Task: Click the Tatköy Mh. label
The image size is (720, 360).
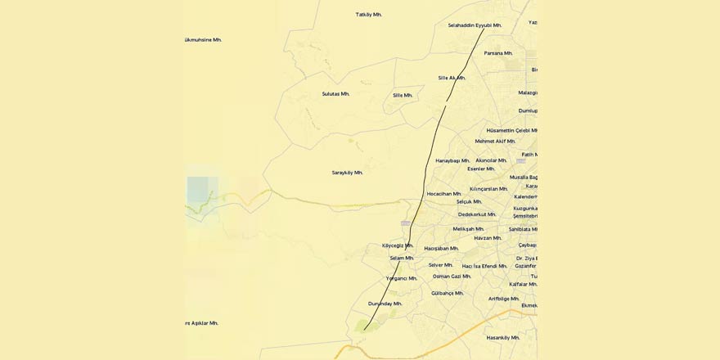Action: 368,15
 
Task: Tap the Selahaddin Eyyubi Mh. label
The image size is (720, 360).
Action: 475,25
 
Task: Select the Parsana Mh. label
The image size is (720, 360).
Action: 497,53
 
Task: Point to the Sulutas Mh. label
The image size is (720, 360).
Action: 335,94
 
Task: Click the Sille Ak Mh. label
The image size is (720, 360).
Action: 452,78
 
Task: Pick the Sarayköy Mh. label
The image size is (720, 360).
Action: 347,173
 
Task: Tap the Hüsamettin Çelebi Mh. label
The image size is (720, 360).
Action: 511,130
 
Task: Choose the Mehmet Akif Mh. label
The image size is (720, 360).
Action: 495,141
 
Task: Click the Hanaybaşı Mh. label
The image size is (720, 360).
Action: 452,160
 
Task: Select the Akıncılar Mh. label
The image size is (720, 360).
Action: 491,160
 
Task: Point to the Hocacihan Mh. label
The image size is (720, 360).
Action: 443,194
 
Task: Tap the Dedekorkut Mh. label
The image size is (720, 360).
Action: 476,214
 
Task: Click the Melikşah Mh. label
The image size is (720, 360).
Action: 468,229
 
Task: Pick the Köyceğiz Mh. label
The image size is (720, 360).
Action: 398,245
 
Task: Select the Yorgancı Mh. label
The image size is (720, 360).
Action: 401,278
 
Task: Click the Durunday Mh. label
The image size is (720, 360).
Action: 385,304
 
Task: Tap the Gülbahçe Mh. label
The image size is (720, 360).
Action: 447,293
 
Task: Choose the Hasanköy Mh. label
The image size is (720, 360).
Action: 502,337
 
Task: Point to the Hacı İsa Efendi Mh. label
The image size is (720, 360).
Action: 484,266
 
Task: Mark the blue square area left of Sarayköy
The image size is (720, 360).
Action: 197,190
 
